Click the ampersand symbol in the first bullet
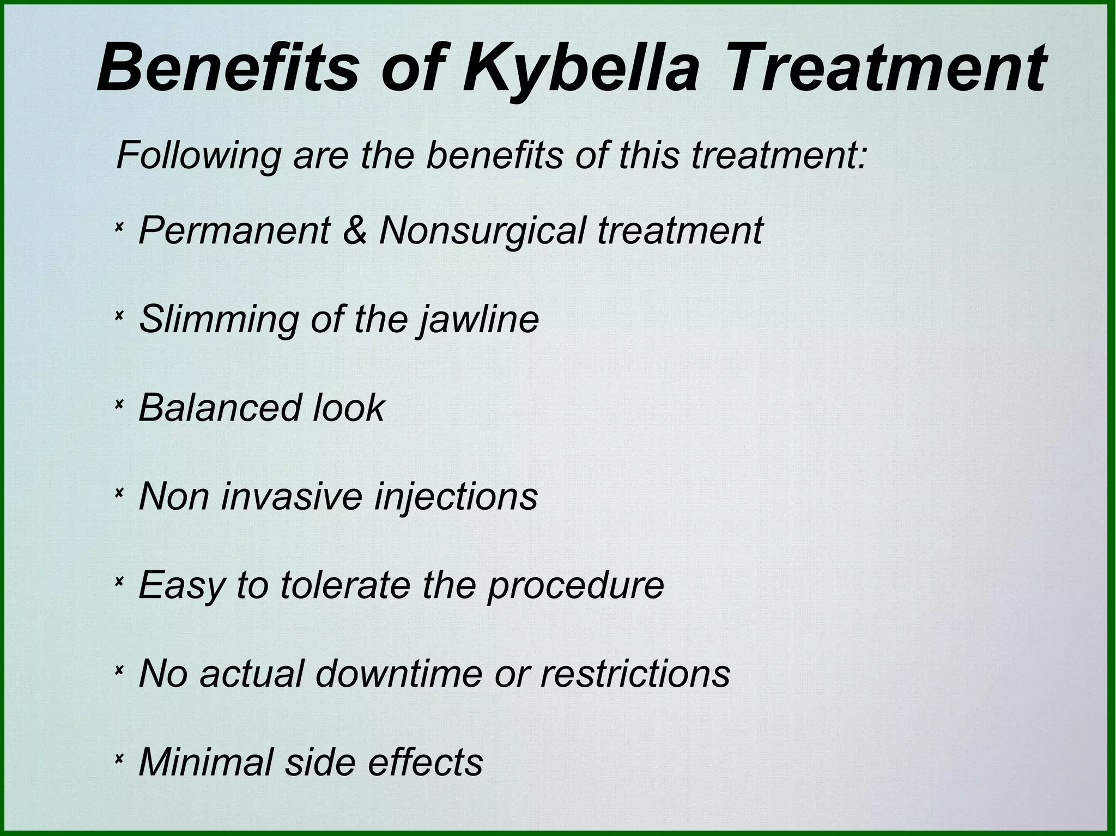tap(355, 230)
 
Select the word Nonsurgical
tap(481, 230)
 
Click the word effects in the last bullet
tap(426, 762)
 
